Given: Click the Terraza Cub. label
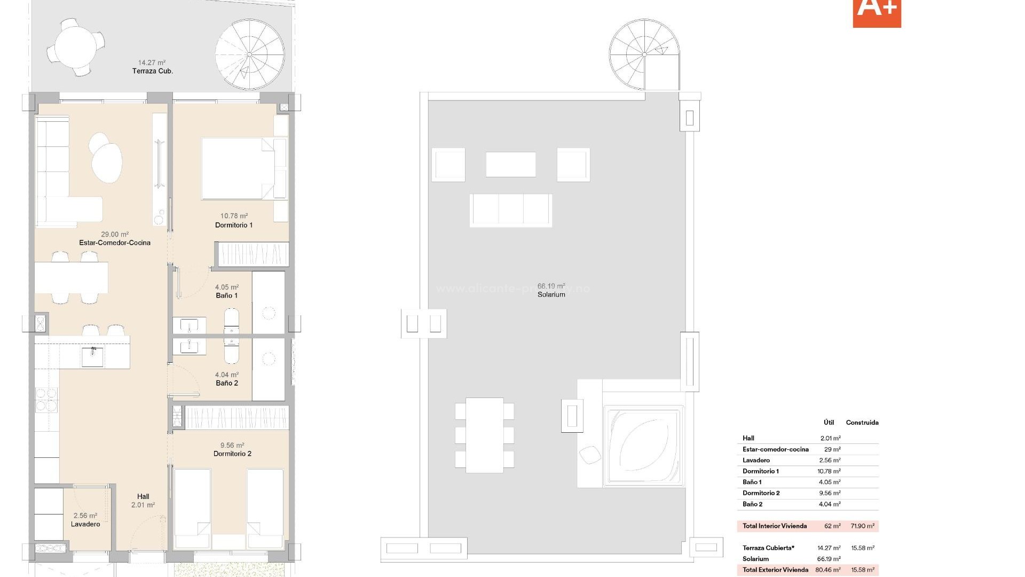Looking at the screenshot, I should (153, 71).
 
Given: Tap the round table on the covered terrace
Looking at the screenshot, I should (76, 46).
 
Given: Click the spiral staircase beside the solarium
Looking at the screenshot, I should (644, 54).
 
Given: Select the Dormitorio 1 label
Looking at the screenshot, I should (234, 225).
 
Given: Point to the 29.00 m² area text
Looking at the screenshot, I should (115, 234).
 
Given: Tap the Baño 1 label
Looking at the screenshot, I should (227, 295).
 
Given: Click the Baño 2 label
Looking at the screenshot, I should (227, 383).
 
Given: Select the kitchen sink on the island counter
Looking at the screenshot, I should (92, 356).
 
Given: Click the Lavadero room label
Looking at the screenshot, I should (85, 524).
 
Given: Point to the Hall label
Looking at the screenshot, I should (143, 496).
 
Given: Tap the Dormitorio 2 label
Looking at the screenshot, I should (232, 454).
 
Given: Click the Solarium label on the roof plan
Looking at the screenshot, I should (551, 294).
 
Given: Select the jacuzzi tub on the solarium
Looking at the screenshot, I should (643, 447).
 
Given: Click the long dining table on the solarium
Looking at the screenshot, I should (484, 435).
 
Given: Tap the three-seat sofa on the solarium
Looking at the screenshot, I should (511, 210).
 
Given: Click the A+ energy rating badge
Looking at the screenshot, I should (877, 12).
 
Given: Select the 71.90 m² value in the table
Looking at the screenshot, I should (862, 526).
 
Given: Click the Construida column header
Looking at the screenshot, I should (862, 423).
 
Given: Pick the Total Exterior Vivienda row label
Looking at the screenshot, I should (775, 570).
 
